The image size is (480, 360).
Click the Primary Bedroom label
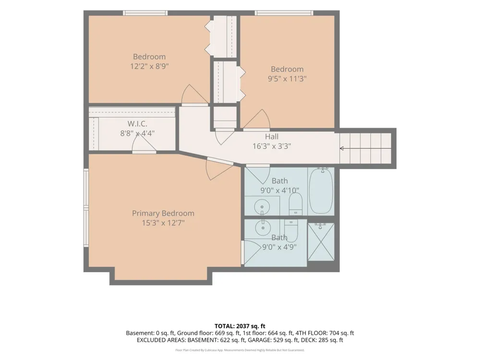pyautogui.click(x=163, y=213)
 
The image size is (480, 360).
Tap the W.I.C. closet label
pyautogui.click(x=137, y=124)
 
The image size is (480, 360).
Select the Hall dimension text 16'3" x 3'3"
pyautogui.click(x=272, y=146)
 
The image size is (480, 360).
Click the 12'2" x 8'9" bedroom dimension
pyautogui.click(x=149, y=66)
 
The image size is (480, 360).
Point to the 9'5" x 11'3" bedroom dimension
pyautogui.click(x=287, y=79)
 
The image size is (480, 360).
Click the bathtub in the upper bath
pyautogui.click(x=321, y=192)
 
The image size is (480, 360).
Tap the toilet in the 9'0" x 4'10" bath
pyautogui.click(x=295, y=204)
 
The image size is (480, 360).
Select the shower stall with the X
pyautogui.click(x=321, y=242)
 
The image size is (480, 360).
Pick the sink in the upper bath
pyautogui.click(x=262, y=207)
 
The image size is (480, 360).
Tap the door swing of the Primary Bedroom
pyautogui.click(x=218, y=168)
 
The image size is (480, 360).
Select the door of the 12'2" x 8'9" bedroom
pyautogui.click(x=194, y=95)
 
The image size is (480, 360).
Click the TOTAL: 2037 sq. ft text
pyautogui.click(x=240, y=326)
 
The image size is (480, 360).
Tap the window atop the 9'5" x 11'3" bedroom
pyautogui.click(x=284, y=13)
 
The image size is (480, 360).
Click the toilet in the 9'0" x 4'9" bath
pyautogui.click(x=291, y=230)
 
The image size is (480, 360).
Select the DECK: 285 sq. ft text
pyautogui.click(x=322, y=340)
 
